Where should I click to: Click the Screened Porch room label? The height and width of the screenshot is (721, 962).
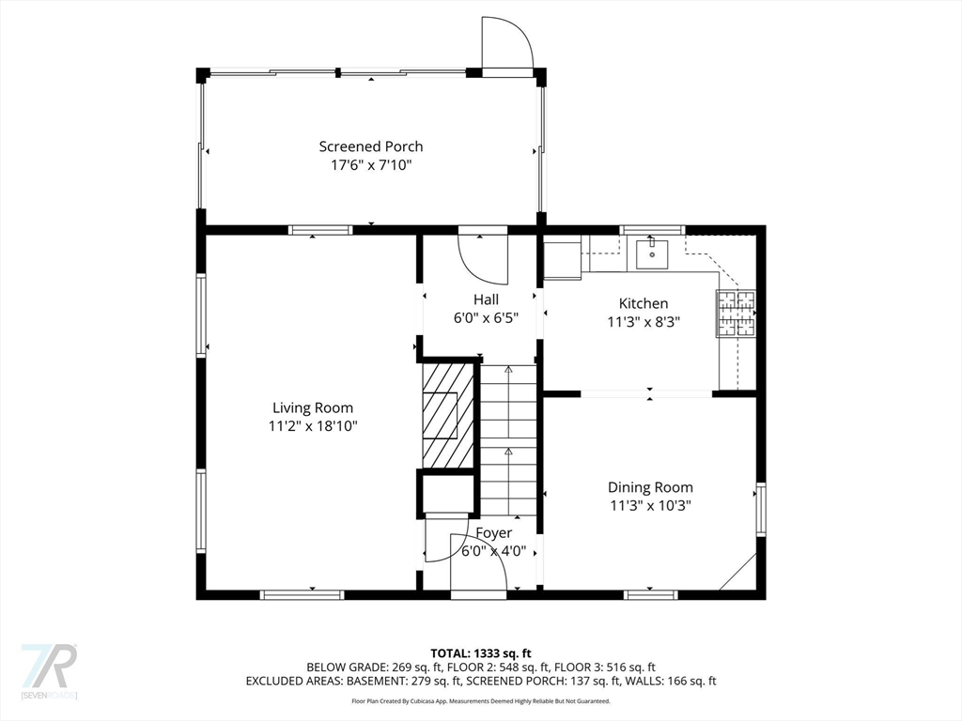[370, 146]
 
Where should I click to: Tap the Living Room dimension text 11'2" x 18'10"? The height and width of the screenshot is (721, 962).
[313, 426]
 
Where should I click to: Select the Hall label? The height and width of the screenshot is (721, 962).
[486, 299]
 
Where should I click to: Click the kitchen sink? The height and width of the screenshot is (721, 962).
[652, 254]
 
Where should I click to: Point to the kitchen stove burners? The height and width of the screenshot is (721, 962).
[736, 314]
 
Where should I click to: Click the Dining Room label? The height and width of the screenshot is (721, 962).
[650, 487]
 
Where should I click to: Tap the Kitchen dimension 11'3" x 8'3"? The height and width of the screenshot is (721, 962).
[644, 322]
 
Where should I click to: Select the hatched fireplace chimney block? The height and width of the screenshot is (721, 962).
[448, 415]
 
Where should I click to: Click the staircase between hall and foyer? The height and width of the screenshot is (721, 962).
[508, 440]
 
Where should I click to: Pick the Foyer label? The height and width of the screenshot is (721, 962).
[494, 533]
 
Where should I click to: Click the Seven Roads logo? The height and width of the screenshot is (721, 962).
[49, 670]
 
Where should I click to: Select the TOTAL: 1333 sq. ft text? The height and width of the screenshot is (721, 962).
[480, 653]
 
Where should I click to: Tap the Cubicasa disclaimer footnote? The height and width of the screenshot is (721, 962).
[480, 700]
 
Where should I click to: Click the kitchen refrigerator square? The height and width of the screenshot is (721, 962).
[563, 260]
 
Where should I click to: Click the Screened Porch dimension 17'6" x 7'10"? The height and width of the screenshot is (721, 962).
[370, 165]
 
